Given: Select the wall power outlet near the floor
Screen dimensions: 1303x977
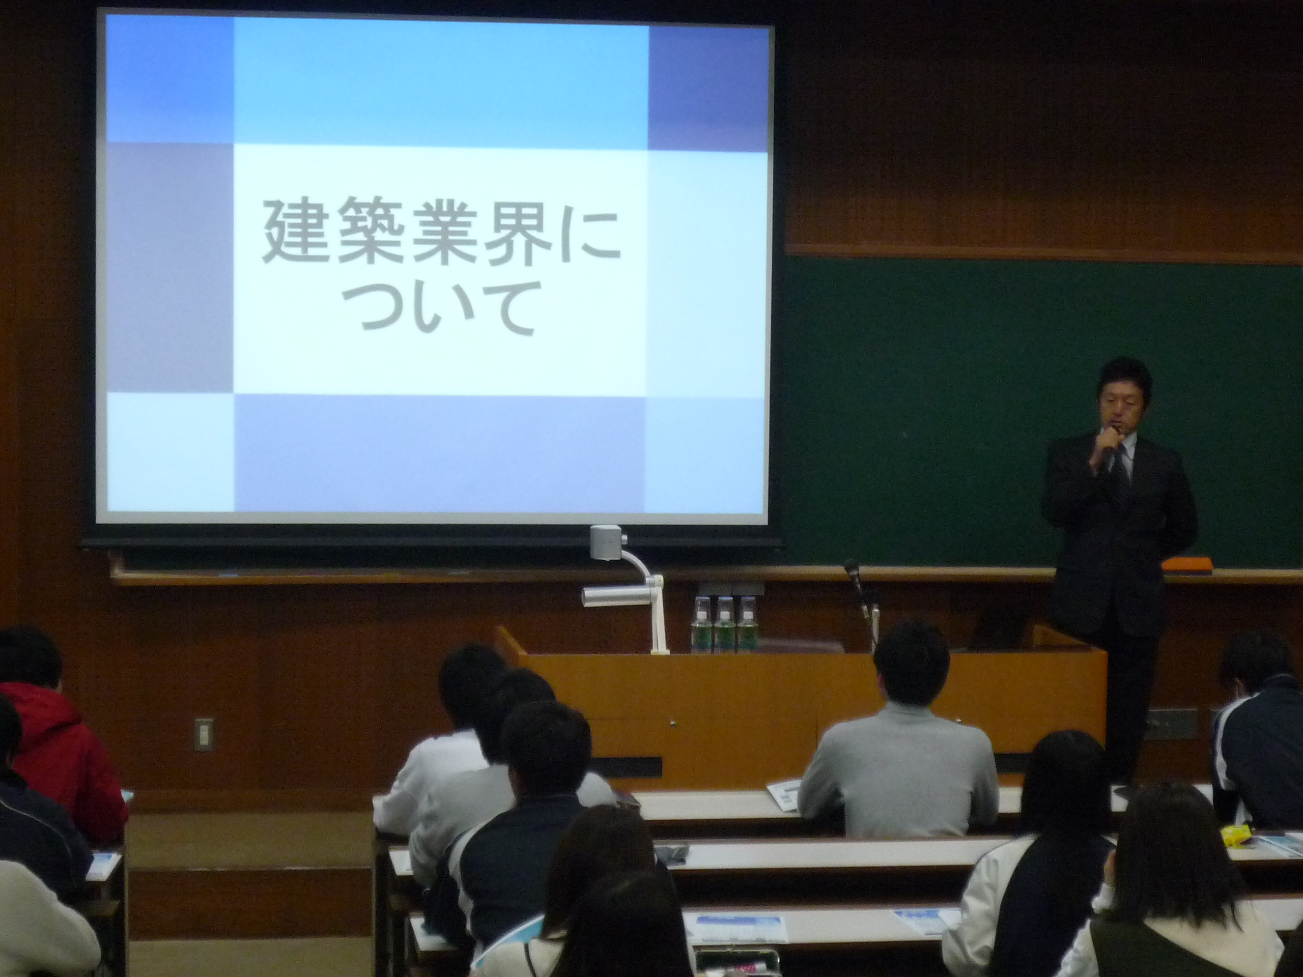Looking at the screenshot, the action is (203, 734).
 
